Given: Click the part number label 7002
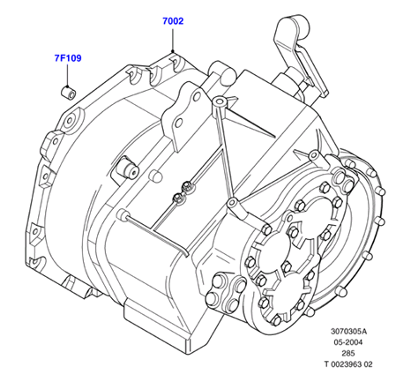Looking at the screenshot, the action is pyautogui.click(x=173, y=21).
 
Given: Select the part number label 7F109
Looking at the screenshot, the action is pyautogui.click(x=68, y=58).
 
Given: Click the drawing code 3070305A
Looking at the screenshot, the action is pyautogui.click(x=348, y=332).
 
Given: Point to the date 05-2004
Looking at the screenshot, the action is pyautogui.click(x=347, y=342).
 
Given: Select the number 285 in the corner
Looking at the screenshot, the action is pyautogui.click(x=348, y=353).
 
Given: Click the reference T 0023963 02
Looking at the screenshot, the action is pyautogui.click(x=348, y=364).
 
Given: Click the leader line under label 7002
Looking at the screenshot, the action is pyautogui.click(x=173, y=40).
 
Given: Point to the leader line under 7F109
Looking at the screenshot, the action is pyautogui.click(x=68, y=75).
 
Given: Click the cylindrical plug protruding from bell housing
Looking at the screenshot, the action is pyautogui.click(x=128, y=169).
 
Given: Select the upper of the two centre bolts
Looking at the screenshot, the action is pyautogui.click(x=187, y=186).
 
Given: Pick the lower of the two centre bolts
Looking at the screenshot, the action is pyautogui.click(x=178, y=197).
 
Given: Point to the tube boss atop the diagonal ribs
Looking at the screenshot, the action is pyautogui.click(x=220, y=102).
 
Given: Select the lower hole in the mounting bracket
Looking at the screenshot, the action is pyautogui.click(x=179, y=123).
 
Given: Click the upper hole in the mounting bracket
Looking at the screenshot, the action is pyautogui.click(x=198, y=95).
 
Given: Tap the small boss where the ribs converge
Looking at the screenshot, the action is pyautogui.click(x=232, y=202).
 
